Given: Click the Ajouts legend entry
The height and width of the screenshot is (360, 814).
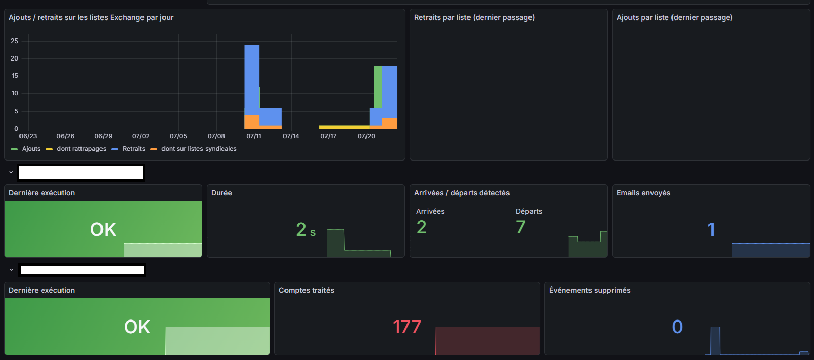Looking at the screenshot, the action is pos(26,149).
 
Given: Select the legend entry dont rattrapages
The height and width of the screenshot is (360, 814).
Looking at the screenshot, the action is pos(76,149).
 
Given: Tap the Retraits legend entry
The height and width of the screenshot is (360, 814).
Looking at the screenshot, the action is pos(128,149).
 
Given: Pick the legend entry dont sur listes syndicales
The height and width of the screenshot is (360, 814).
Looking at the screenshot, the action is pos(193,149).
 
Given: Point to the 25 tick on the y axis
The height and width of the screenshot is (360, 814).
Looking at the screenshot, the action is pos(14,41).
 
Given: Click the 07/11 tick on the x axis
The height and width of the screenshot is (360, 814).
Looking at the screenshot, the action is pos(254,136).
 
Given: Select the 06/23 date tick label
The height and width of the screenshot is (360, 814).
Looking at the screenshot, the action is pos(28,136).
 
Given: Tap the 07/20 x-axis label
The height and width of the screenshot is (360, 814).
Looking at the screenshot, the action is pos(367,136).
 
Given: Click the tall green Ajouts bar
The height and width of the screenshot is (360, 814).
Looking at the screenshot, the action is pos(378,87).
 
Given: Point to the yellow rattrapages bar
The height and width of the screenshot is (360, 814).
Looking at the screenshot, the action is pos(344,127).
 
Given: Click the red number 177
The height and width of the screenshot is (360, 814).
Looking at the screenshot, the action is pos(407,327).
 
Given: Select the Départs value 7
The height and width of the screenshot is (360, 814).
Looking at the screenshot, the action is pos(521,227).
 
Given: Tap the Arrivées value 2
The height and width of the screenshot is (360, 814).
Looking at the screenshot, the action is pos(421,227).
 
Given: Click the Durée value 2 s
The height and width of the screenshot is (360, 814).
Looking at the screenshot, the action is pos(306,229).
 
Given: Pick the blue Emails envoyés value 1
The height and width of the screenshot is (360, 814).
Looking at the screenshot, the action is pos(711,229).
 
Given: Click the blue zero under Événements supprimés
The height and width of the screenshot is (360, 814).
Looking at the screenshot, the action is pos(677,327).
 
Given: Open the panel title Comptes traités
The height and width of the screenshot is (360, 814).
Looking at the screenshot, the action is pos(307,290).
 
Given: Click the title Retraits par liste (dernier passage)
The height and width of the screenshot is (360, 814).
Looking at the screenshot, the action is pos(474,17).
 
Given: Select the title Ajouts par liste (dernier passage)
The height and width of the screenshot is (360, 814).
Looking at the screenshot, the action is pos(675,17).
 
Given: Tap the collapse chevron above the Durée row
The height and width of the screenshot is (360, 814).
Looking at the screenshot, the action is pos(11,172).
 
